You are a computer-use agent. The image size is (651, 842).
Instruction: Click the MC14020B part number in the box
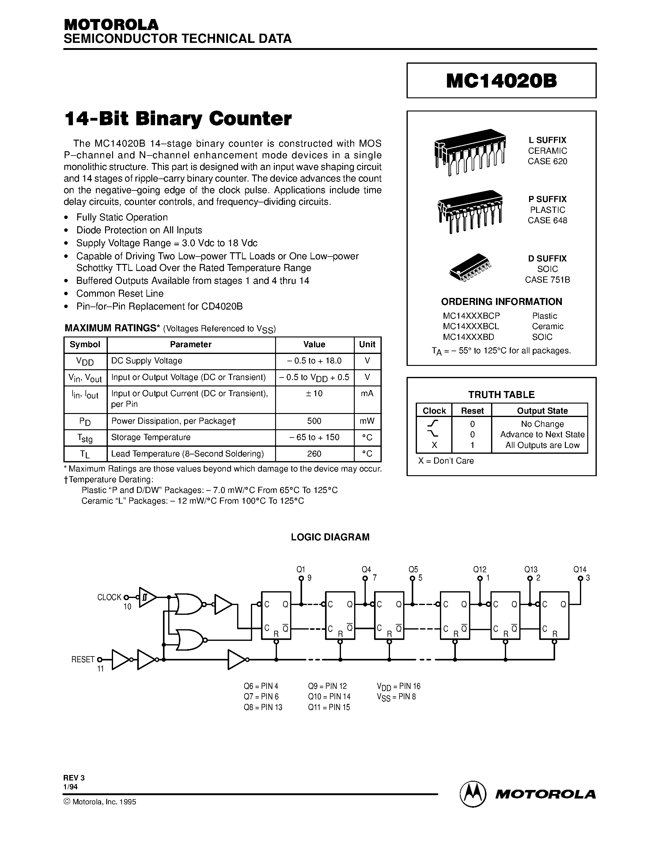pos(501,81)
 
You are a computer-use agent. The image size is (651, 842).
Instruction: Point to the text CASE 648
pos(547,220)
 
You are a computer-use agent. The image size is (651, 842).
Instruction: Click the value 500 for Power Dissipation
pos(314,421)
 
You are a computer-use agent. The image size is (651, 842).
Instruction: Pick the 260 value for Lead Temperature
pos(314,454)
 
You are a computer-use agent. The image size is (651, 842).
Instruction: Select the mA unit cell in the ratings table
pos(367,394)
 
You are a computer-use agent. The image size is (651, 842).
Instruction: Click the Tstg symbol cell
pos(85,438)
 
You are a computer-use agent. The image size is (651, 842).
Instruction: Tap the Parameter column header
pos(191,344)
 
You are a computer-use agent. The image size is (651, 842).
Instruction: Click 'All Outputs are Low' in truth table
pos(542,445)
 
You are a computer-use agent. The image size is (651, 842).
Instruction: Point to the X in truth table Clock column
pos(434,445)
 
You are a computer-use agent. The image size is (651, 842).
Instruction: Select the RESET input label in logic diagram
pos(83,659)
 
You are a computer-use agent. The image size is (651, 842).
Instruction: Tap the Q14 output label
pos(580,569)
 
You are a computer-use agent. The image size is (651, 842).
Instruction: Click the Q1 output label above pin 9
pos(301,569)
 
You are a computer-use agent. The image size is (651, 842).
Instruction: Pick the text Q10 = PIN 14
pos(329,696)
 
